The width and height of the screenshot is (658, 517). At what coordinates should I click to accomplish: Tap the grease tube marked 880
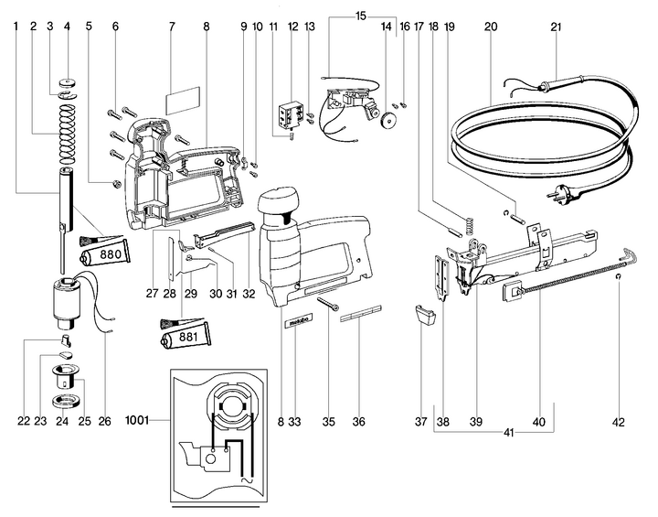coord(111,253)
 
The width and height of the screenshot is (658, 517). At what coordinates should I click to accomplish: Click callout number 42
coord(621,423)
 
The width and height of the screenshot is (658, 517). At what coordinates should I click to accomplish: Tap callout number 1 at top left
coord(16,27)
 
